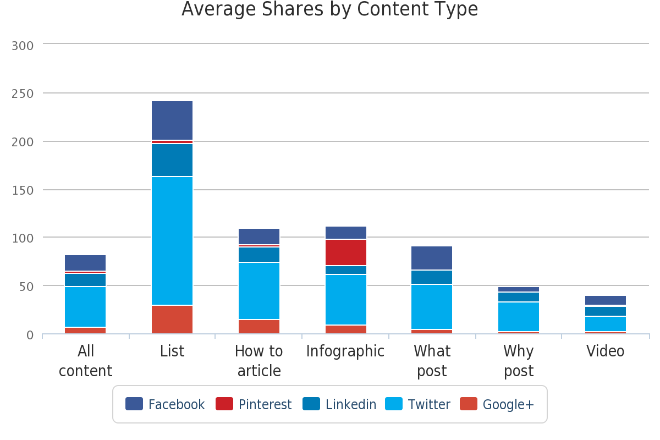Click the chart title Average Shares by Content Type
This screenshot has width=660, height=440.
click(329, 9)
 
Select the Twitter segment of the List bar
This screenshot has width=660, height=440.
click(172, 241)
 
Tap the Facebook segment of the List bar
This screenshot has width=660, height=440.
click(172, 120)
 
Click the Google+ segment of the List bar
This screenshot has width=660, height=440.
click(172, 320)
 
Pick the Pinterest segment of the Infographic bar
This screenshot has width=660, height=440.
click(345, 252)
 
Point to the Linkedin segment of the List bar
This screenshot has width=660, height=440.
click(172, 160)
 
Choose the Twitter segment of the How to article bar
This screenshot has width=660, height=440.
click(259, 291)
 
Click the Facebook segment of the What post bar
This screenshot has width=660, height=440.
click(432, 258)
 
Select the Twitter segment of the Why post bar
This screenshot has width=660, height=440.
click(519, 317)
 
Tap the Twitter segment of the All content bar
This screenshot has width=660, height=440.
click(85, 307)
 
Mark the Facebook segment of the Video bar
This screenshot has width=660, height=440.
click(606, 300)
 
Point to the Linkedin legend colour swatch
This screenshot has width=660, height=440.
click(311, 404)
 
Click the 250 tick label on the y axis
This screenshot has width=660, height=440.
click(23, 94)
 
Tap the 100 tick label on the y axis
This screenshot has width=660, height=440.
click(23, 238)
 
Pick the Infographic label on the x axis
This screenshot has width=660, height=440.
click(345, 351)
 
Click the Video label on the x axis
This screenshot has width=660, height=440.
click(606, 351)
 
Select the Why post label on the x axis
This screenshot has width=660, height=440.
click(519, 361)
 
